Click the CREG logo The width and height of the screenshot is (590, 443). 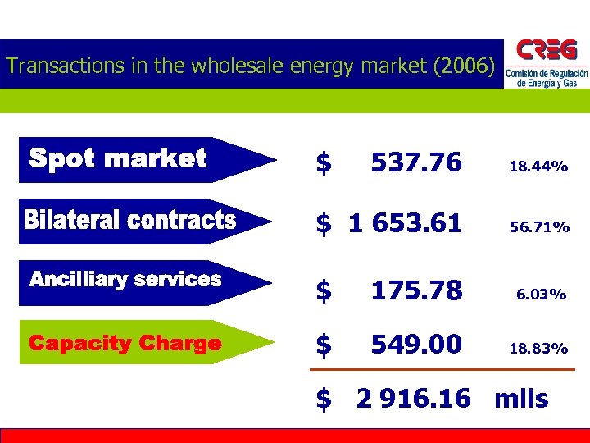pyautogui.click(x=546, y=64)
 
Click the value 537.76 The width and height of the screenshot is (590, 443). pyautogui.click(x=416, y=162)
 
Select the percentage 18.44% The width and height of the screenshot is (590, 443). pyautogui.click(x=538, y=167)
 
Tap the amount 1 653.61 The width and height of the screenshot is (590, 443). pyautogui.click(x=405, y=222)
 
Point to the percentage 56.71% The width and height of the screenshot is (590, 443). pyautogui.click(x=539, y=227)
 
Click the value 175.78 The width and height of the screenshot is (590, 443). pyautogui.click(x=416, y=290)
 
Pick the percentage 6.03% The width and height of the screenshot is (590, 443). pyautogui.click(x=542, y=294)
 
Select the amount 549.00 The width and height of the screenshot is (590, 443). pyautogui.click(x=416, y=344)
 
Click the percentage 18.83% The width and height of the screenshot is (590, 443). pyautogui.click(x=538, y=348)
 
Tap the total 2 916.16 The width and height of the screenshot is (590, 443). pyautogui.click(x=414, y=399)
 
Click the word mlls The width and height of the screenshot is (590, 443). pyautogui.click(x=521, y=399)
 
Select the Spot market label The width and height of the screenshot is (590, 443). pyautogui.click(x=118, y=158)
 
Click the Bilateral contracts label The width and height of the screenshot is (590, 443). pyautogui.click(x=130, y=220)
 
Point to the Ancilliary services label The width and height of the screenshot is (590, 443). pyautogui.click(x=125, y=280)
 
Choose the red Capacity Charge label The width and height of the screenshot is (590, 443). pyautogui.click(x=125, y=343)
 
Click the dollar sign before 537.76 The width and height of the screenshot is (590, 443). pyautogui.click(x=324, y=163)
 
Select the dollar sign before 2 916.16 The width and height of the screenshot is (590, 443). pyautogui.click(x=324, y=400)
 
